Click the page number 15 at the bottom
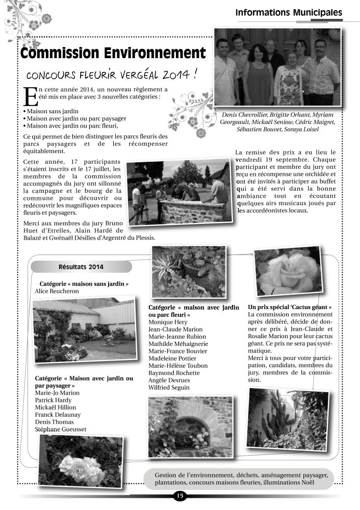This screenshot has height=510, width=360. [179, 495]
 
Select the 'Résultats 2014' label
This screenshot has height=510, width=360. [81, 267]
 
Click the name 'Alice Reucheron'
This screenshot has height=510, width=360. [57, 291]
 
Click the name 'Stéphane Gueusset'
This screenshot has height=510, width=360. [61, 429]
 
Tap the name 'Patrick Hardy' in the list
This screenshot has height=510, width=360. [55, 400]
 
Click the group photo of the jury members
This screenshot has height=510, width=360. [277, 67]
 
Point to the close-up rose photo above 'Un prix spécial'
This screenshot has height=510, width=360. [288, 272]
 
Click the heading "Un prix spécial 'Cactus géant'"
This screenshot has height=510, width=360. [290, 308]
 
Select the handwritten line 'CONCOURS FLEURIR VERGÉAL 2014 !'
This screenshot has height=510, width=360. [112, 76]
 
